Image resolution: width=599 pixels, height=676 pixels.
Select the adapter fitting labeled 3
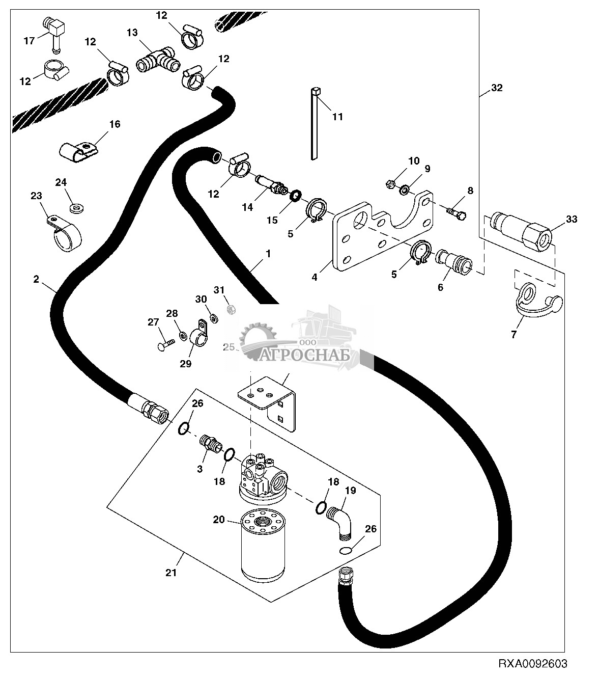point(210,442)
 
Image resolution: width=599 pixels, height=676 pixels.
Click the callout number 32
point(497,88)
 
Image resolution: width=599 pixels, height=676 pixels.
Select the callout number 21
point(171,572)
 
